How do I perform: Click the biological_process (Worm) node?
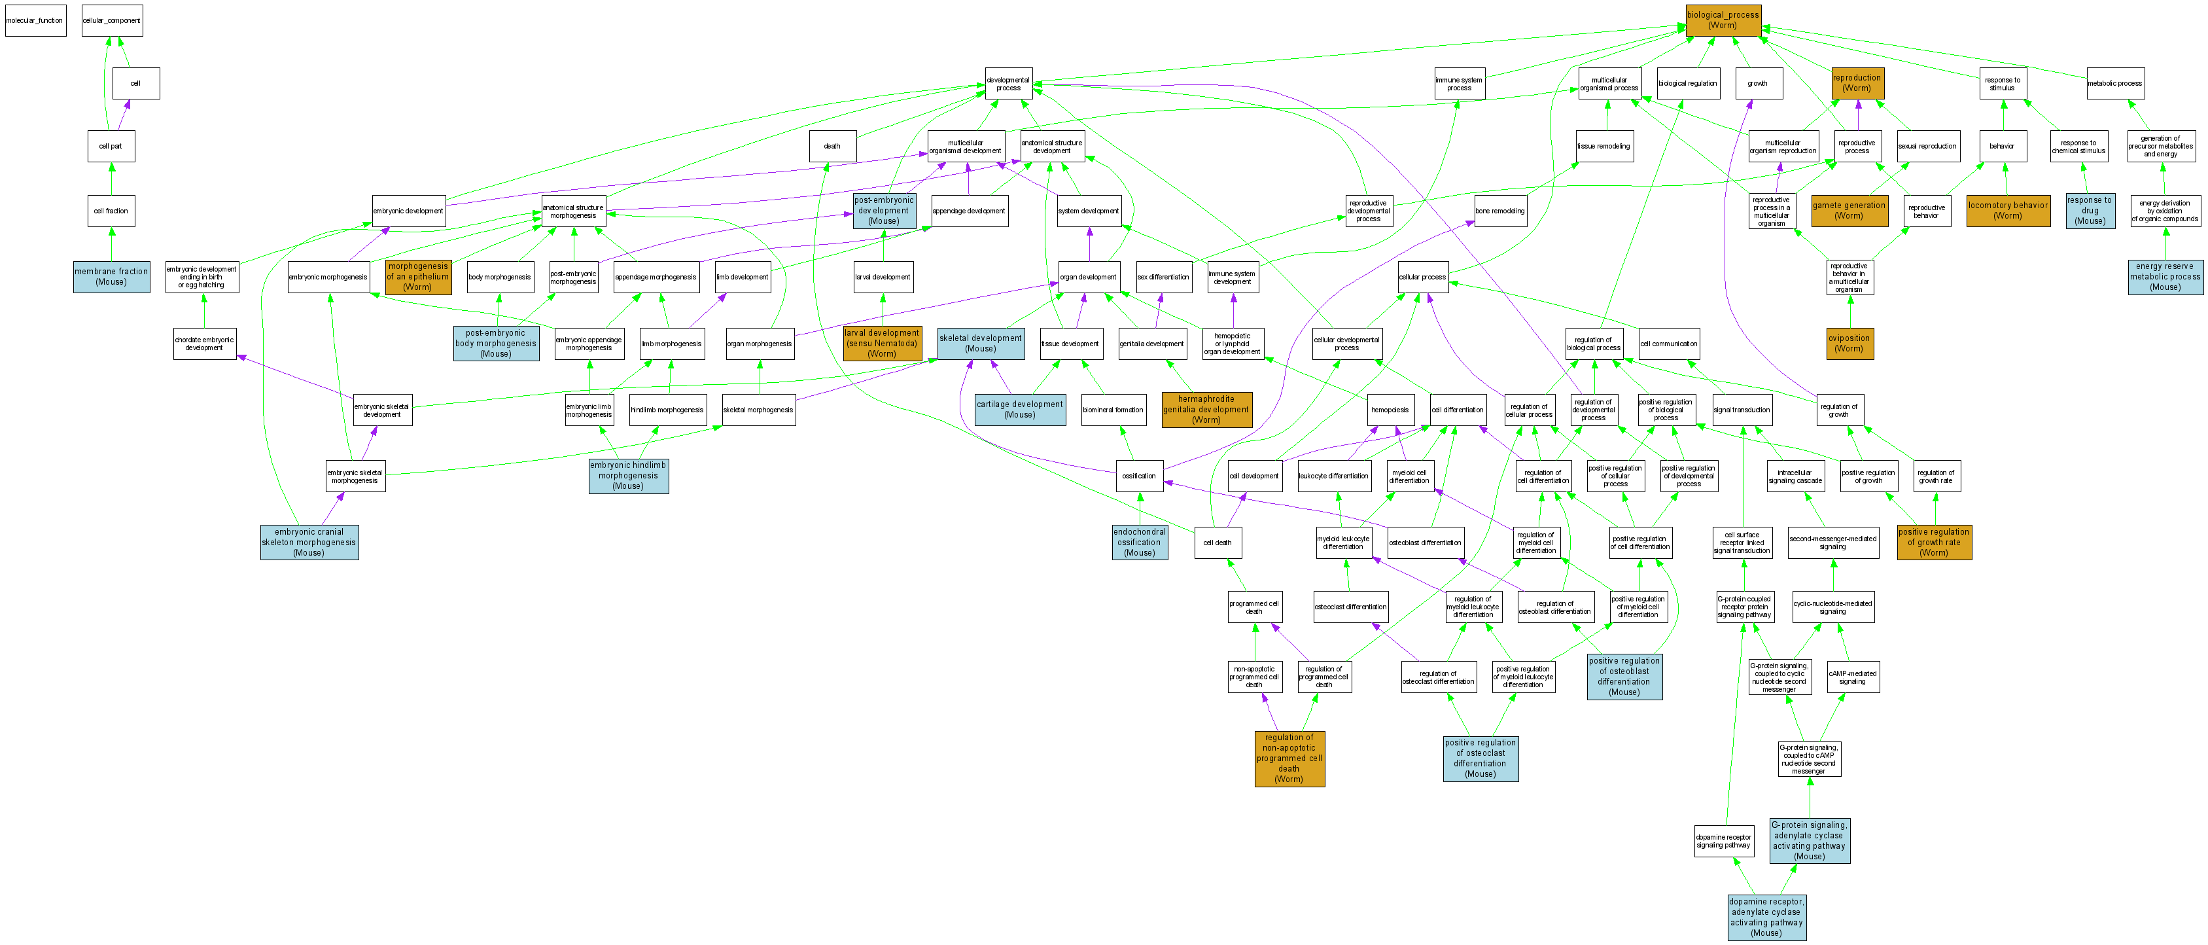point(1723,20)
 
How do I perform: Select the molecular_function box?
point(35,20)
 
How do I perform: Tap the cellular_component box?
point(111,20)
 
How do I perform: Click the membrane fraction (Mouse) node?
point(111,276)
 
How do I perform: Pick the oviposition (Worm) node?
point(1849,343)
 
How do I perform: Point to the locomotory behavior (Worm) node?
point(2007,210)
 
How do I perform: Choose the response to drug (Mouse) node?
point(2090,210)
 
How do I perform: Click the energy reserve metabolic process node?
point(2164,276)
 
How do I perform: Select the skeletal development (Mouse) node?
point(981,343)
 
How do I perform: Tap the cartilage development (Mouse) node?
point(1019,409)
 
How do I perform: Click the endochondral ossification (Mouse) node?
point(1139,542)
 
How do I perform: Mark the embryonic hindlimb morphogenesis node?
point(628,476)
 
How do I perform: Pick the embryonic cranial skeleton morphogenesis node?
point(309,542)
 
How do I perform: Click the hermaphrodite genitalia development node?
point(1206,409)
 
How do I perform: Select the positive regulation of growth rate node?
point(1934,542)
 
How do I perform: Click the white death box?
point(832,146)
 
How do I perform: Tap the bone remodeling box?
point(1500,210)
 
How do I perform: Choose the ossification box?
point(1139,476)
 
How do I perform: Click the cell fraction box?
point(111,210)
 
